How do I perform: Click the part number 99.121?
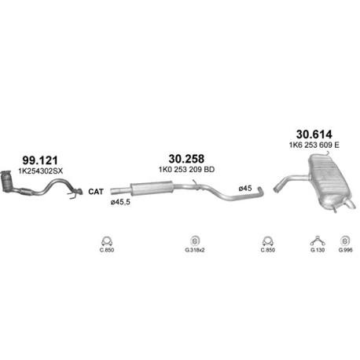(x=40, y=160)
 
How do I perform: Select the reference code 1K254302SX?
(x=41, y=171)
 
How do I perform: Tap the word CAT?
(x=96, y=192)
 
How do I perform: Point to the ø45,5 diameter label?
(x=120, y=202)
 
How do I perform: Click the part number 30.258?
(x=186, y=159)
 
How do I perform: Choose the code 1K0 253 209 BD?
(x=186, y=170)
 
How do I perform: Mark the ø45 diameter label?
(x=245, y=188)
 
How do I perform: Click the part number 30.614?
(x=314, y=134)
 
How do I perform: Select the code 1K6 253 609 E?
(x=314, y=145)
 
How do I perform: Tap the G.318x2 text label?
(x=195, y=250)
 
